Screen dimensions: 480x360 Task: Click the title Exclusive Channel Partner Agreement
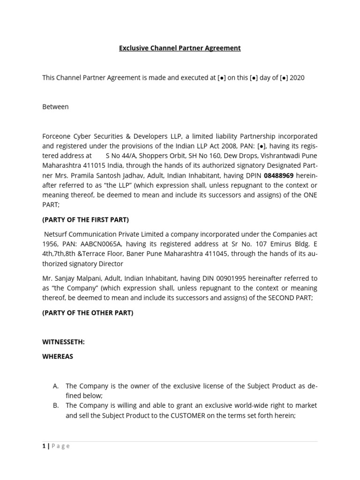pos(180,48)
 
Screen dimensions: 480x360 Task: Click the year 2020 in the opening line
pos(297,77)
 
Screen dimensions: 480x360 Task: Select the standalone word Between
pos(55,106)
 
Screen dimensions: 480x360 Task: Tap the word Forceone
pos(57,136)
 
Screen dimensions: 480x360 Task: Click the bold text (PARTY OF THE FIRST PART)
pos(85,219)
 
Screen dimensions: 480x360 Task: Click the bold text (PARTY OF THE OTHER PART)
pos(88,313)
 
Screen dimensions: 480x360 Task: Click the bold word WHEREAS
pos(58,356)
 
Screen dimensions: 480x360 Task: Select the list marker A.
pos(56,386)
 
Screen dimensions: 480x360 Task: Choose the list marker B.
pos(56,405)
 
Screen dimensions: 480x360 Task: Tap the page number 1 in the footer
pos(44,446)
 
